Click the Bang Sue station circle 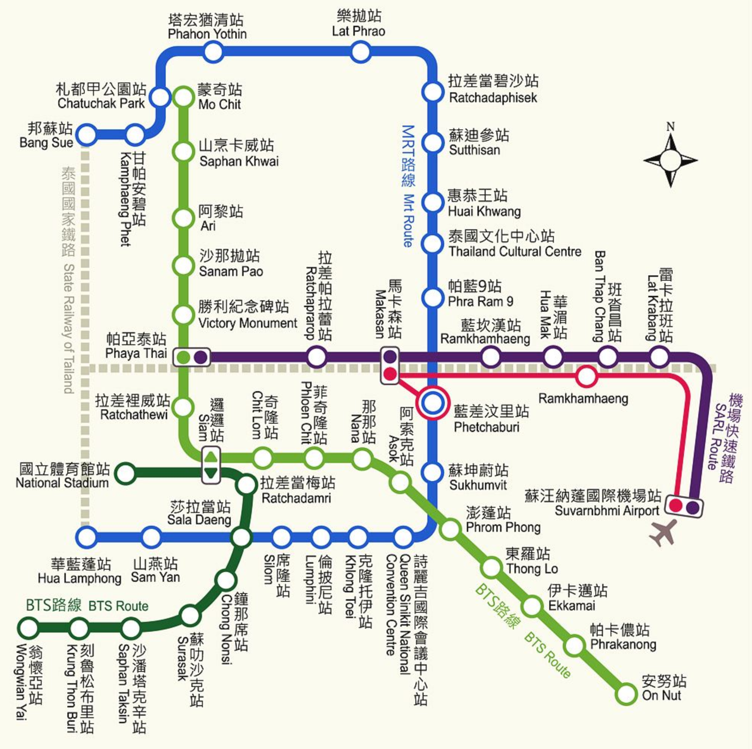tap(86, 135)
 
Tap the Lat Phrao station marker tap(360, 52)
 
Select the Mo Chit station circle tap(184, 96)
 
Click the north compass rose tap(670, 160)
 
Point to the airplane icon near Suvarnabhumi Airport tap(663, 533)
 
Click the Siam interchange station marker tap(211, 465)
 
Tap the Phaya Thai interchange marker tap(192, 357)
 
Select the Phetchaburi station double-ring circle tap(432, 403)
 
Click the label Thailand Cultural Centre tap(514, 252)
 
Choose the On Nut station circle tap(626, 693)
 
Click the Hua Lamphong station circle tap(86, 537)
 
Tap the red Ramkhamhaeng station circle tap(587, 376)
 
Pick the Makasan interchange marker tap(390, 365)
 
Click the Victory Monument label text tap(247, 323)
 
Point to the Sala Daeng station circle tap(241, 537)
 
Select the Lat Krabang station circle tap(659, 356)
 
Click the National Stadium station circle tap(125, 473)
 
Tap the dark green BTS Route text tap(118, 606)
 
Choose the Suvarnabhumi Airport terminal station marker tap(684, 507)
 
